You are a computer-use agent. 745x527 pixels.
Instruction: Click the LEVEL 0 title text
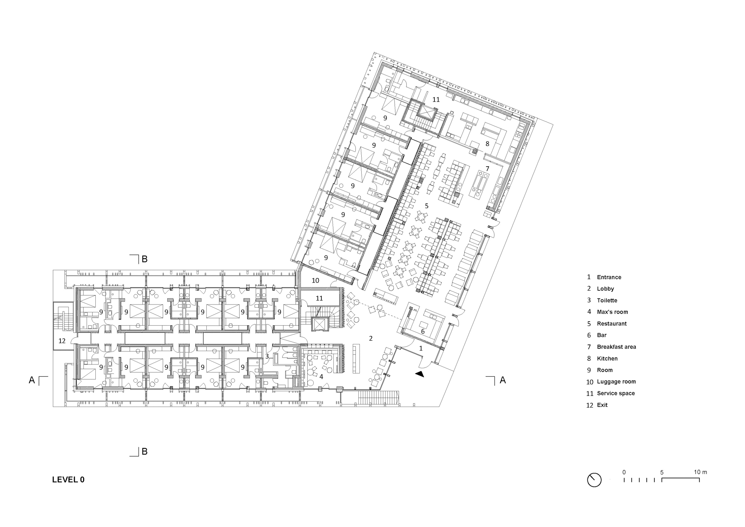pyautogui.click(x=68, y=480)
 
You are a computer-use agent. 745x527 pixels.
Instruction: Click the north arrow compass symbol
pyautogui.click(x=594, y=480)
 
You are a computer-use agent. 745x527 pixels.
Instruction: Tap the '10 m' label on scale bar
pyautogui.click(x=700, y=472)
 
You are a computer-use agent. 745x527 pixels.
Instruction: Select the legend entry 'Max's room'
pyautogui.click(x=612, y=312)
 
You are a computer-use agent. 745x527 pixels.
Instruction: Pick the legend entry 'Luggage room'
pyautogui.click(x=616, y=382)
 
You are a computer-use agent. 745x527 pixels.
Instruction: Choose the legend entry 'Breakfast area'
pyautogui.click(x=616, y=347)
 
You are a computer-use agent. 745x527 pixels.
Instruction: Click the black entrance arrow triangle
pyautogui.click(x=420, y=374)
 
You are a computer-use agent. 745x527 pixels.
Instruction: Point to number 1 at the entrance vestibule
pyautogui.click(x=421, y=348)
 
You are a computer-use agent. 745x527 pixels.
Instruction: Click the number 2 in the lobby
pyautogui.click(x=371, y=338)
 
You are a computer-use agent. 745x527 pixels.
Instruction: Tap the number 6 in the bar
pyautogui.click(x=423, y=331)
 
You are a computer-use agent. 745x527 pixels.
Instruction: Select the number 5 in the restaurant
pyautogui.click(x=427, y=206)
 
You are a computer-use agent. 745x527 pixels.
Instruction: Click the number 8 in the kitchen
pyautogui.click(x=487, y=143)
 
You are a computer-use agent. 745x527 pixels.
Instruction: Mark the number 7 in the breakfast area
pyautogui.click(x=487, y=169)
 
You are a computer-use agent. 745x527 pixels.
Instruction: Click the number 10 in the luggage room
pyautogui.click(x=316, y=280)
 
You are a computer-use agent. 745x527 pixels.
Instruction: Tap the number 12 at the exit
pyautogui.click(x=62, y=341)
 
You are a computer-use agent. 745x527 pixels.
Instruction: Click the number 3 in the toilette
pyautogui.click(x=267, y=356)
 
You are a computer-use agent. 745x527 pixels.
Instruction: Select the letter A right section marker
pyautogui.click(x=503, y=380)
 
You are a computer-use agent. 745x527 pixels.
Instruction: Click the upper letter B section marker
pyautogui.click(x=145, y=259)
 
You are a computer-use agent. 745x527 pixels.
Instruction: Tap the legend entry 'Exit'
pyautogui.click(x=602, y=405)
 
